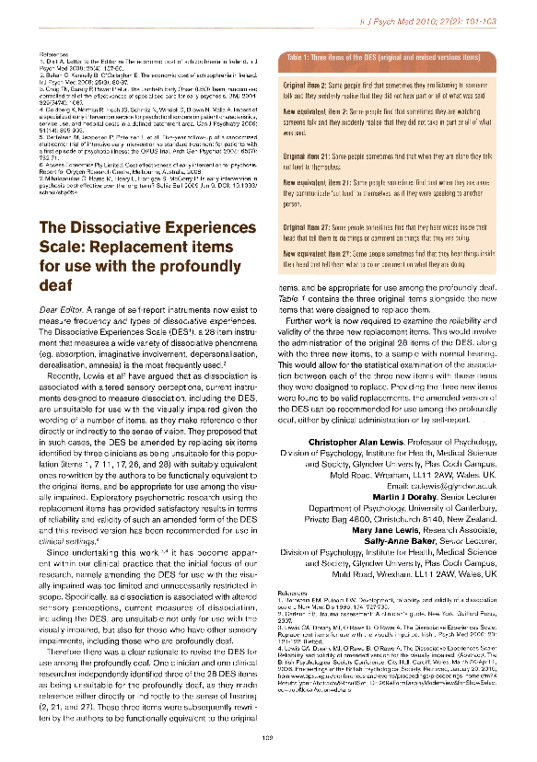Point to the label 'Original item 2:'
pos(315,84)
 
